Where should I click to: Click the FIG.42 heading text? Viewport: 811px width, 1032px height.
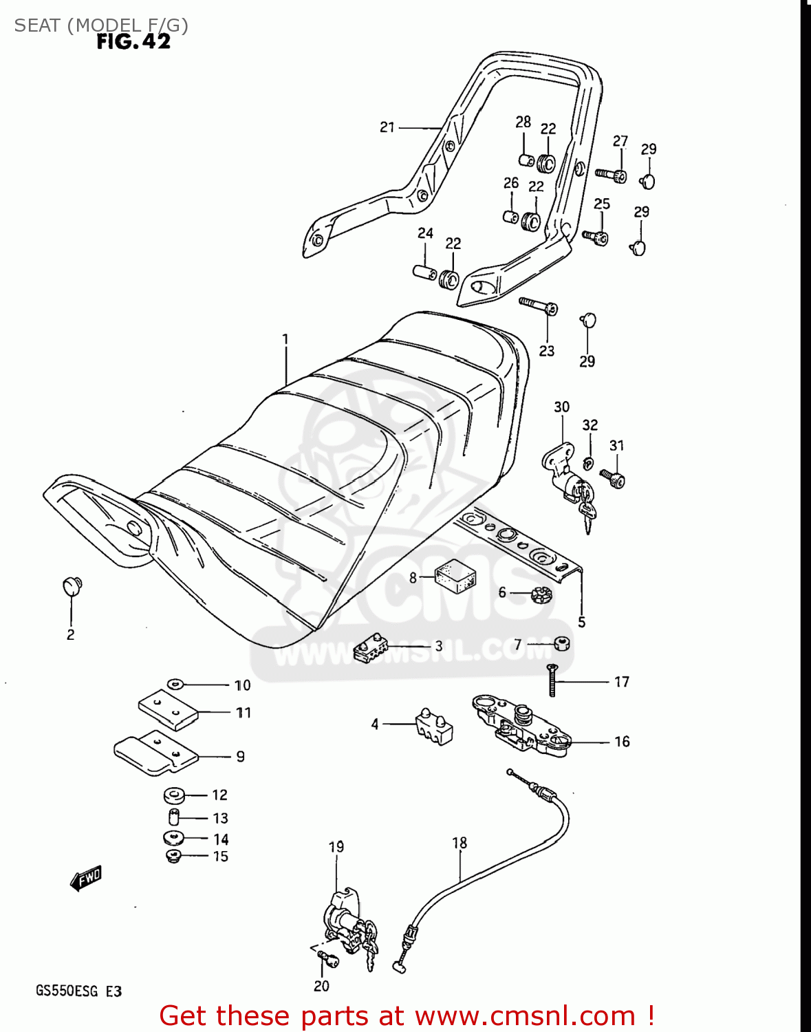click(x=133, y=42)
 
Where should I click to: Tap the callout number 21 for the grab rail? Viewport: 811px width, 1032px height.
click(x=387, y=127)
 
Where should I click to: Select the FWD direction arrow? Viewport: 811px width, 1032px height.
click(x=87, y=879)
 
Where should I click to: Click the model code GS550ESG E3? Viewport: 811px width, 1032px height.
click(x=78, y=991)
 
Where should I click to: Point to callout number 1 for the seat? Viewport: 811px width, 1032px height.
click(x=285, y=339)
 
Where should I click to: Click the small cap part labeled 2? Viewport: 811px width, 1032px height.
click(x=72, y=585)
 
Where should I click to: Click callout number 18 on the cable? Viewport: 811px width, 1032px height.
click(x=459, y=843)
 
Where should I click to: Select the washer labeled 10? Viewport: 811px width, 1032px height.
click(x=175, y=684)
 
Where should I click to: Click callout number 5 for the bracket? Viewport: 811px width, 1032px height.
click(x=582, y=623)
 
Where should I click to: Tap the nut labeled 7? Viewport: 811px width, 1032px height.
click(x=561, y=645)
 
